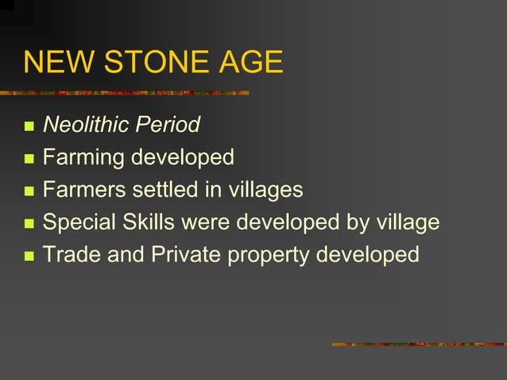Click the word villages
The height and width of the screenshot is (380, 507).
point(263,190)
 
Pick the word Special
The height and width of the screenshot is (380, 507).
point(79,223)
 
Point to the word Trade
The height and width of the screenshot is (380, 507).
point(72,255)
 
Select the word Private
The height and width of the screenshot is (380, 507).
point(184,255)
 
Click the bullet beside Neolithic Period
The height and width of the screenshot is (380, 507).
point(29,126)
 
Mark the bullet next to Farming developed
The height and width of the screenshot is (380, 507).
point(29,159)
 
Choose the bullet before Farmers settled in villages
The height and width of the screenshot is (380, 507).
point(29,192)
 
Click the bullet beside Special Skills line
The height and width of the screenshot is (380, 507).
point(29,224)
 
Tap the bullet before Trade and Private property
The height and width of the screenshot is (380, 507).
point(29,257)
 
